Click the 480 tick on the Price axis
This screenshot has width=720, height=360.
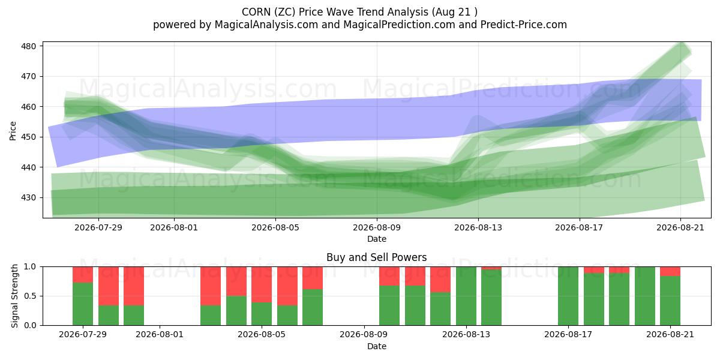(x=29, y=46)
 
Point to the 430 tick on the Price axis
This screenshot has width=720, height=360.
(x=29, y=197)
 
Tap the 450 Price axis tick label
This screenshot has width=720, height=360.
(x=29, y=137)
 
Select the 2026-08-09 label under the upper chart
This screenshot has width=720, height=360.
(x=377, y=227)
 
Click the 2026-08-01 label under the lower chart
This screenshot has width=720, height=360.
(x=160, y=334)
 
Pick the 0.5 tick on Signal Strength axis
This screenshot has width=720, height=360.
(x=30, y=296)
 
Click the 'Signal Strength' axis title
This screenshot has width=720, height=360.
(x=14, y=296)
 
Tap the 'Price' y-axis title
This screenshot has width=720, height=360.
(x=13, y=131)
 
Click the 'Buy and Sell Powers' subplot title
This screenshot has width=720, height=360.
(x=377, y=257)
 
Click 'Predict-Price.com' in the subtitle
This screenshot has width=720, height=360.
(x=524, y=25)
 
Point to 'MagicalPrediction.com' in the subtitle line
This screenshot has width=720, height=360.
(x=399, y=25)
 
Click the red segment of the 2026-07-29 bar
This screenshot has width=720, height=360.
(x=83, y=275)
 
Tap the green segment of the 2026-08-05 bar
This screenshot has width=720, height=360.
(x=262, y=314)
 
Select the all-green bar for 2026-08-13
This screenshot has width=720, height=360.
(x=466, y=296)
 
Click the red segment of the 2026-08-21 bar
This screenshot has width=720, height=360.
(x=670, y=272)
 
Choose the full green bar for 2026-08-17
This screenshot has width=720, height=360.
(x=568, y=296)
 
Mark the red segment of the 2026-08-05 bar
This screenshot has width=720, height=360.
(x=262, y=284)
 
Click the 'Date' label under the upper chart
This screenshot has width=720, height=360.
(x=377, y=239)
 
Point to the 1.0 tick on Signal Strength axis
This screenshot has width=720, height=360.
(x=30, y=267)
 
